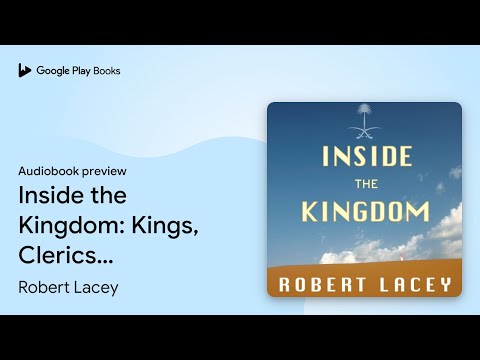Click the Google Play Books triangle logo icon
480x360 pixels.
pos(24,70)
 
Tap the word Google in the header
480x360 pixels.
pos(53,71)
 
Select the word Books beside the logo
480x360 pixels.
pos(107,71)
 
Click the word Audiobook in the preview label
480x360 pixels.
pos(49,171)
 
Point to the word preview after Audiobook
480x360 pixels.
pos(104,172)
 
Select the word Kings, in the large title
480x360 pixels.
pos(165,226)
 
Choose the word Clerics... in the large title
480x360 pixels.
pos(66,255)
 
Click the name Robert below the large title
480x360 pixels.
pos(44,287)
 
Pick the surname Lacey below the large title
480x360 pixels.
pos(96,288)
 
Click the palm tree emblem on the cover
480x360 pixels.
pos(364,115)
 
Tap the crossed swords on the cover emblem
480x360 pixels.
pos(364,133)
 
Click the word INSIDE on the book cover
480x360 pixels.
pos(367,156)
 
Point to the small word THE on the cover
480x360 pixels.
pos(366,184)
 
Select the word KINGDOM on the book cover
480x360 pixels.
pos(366,212)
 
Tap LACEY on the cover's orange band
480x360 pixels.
pos(415,285)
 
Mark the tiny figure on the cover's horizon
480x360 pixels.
pos(401,257)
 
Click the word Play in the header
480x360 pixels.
pos(81,71)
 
